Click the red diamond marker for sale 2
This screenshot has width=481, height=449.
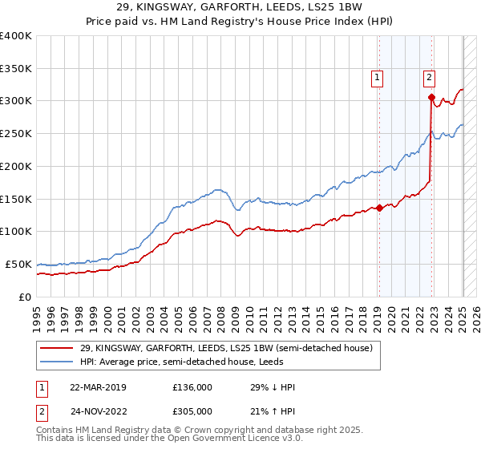(431, 98)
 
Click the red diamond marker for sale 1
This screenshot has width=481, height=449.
(379, 208)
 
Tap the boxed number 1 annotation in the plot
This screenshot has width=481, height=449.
(376, 78)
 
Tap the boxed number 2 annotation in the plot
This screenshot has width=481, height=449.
(430, 78)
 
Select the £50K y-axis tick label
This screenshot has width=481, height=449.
(19, 264)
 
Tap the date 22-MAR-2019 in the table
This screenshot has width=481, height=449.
(98, 387)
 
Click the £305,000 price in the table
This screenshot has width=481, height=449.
(192, 411)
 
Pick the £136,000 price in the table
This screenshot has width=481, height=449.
(192, 387)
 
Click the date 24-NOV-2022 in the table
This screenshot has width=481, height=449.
(99, 411)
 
